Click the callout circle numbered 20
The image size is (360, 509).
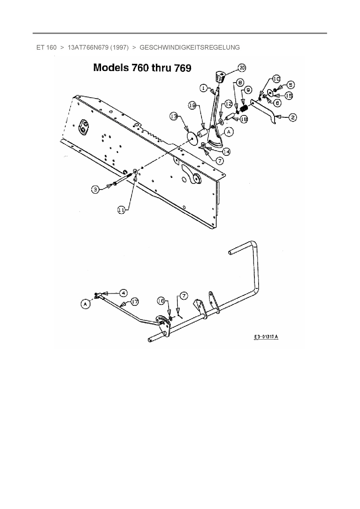click(242, 68)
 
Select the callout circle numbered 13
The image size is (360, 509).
click(174, 117)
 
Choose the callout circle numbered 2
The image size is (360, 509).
click(292, 117)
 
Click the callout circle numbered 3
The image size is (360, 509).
click(95, 190)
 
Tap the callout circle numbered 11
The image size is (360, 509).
click(121, 210)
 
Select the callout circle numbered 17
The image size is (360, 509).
click(134, 302)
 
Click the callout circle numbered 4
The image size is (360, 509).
click(124, 293)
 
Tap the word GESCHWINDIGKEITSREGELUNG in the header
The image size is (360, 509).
click(190, 48)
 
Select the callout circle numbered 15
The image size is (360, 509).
click(289, 95)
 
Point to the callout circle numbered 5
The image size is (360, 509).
click(290, 84)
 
